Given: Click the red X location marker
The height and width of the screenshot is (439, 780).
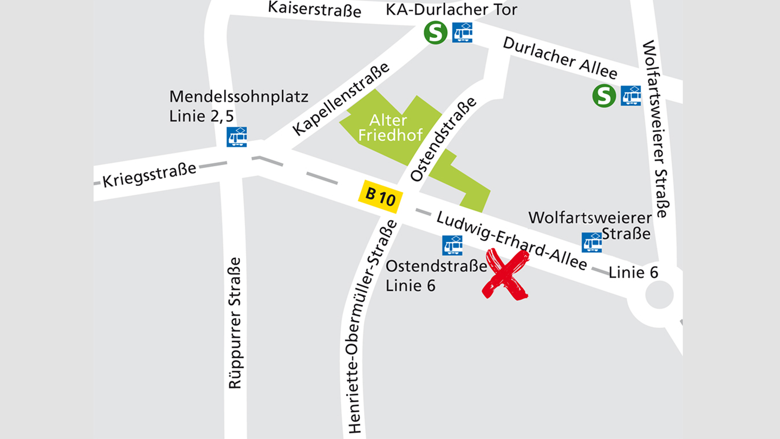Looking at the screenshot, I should click(x=506, y=274).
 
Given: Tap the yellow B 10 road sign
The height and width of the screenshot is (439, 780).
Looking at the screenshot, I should click(x=381, y=195).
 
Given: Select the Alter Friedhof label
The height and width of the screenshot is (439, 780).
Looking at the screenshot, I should click(x=390, y=128).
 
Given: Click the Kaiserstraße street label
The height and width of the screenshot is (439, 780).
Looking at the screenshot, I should click(x=315, y=9).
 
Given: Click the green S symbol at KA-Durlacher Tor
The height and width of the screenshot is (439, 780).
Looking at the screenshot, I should click(x=435, y=33).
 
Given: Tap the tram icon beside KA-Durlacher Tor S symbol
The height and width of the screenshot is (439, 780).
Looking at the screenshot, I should click(x=462, y=33).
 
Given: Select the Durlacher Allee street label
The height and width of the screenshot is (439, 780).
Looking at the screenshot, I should click(x=560, y=58).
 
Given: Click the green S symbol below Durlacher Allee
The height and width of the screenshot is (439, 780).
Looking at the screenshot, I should click(x=604, y=96).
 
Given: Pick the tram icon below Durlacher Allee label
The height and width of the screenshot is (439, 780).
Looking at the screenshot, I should click(x=631, y=96).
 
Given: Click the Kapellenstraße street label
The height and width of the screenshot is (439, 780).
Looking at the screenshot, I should click(x=341, y=99).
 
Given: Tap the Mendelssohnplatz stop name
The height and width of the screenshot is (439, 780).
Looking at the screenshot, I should click(x=239, y=97).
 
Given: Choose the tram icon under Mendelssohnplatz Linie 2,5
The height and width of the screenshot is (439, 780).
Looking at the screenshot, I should click(x=237, y=137).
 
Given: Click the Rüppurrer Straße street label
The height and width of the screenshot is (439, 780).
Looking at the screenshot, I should click(x=235, y=322).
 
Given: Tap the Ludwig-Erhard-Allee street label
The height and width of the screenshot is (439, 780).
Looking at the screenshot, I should click(x=512, y=241).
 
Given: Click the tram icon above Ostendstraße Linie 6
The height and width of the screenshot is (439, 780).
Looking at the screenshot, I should click(x=452, y=245).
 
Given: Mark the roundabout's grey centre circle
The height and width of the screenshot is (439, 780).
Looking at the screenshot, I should click(x=659, y=296).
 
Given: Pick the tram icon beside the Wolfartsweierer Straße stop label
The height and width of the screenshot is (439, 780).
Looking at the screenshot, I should click(x=592, y=242).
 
